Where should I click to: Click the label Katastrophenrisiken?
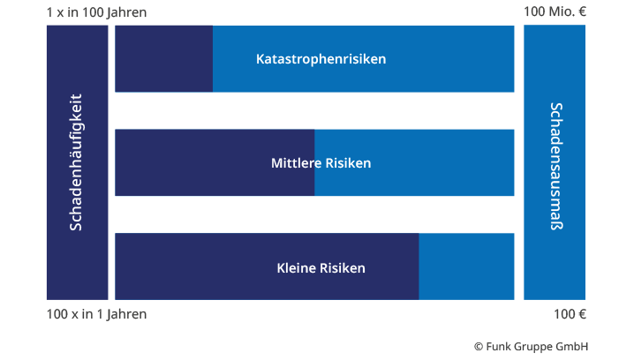(x=321, y=59)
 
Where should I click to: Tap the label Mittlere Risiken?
(x=321, y=163)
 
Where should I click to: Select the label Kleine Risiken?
(x=321, y=268)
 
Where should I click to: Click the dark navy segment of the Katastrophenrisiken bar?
(x=163, y=58)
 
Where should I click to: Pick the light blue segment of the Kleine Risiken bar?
(x=466, y=266)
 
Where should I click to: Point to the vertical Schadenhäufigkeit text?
(x=76, y=162)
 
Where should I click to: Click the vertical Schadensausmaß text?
(x=556, y=166)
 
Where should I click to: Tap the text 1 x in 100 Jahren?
(x=96, y=12)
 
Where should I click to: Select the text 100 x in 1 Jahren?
(x=96, y=314)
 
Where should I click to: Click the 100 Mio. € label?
(x=555, y=11)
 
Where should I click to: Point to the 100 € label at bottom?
(x=570, y=314)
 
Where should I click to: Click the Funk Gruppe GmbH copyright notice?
(x=532, y=346)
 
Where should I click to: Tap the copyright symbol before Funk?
(x=479, y=347)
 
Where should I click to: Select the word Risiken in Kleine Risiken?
(x=343, y=268)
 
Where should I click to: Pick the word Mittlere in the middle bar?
(x=297, y=163)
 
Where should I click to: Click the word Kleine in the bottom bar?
(x=297, y=268)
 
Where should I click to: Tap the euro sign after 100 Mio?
(x=582, y=11)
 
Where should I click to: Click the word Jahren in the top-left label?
(x=126, y=12)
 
